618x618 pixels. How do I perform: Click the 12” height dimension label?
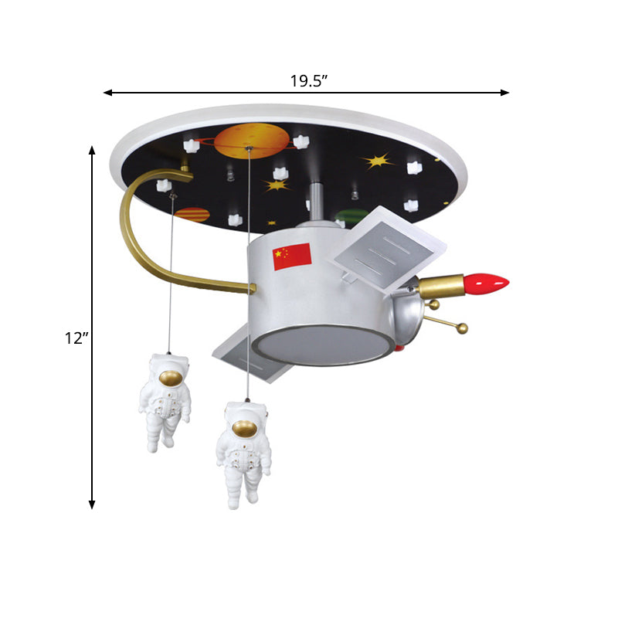[x=77, y=338]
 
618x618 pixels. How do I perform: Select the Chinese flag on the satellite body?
[x=291, y=256]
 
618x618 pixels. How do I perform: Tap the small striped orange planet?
[x=192, y=214]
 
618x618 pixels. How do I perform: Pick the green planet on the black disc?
[x=352, y=216]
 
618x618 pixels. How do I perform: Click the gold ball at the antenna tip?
[x=463, y=329]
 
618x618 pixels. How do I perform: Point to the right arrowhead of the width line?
[x=506, y=93]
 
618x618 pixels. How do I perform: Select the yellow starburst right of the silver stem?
[x=379, y=161]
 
